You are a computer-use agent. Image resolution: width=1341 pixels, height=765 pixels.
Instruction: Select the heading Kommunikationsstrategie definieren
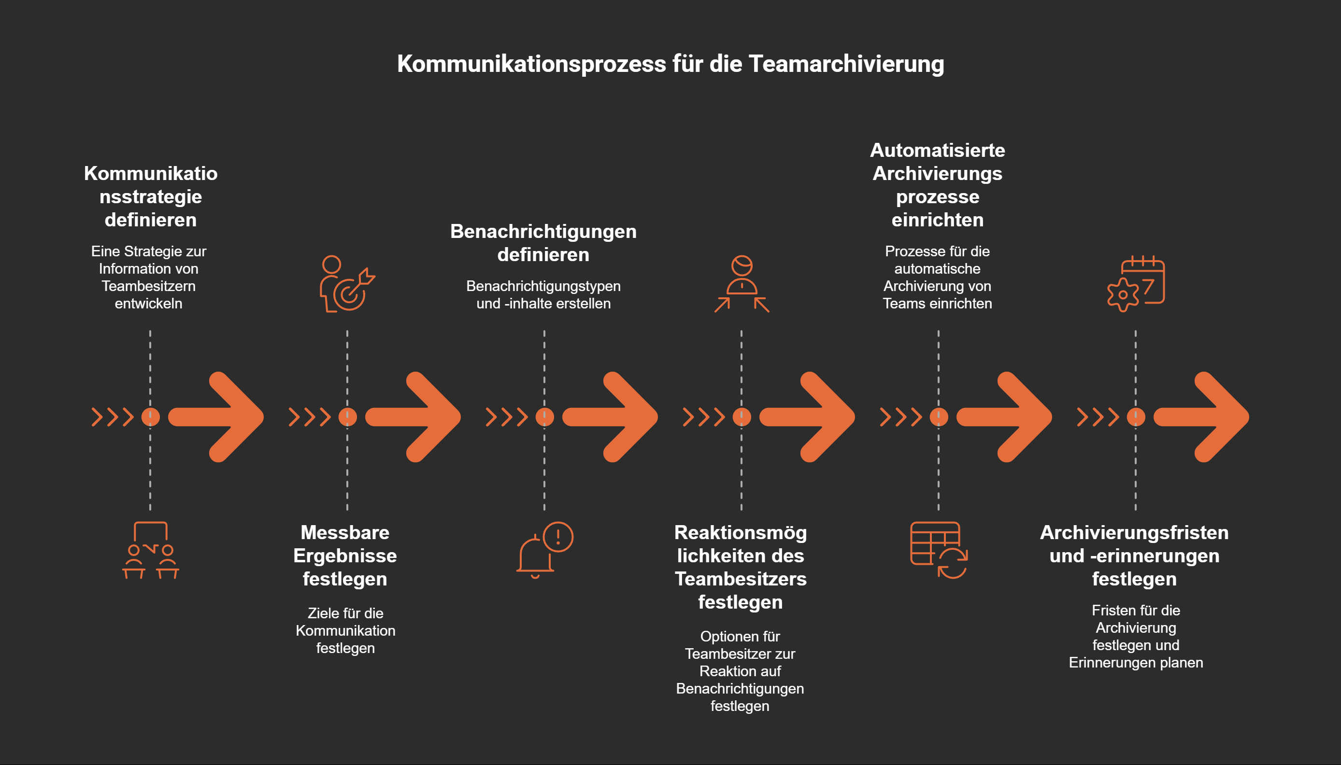[x=150, y=196]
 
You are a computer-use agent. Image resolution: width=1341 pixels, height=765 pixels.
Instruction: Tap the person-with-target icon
[x=346, y=284]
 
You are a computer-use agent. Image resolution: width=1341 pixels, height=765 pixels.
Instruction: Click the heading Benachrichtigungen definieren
[x=543, y=243]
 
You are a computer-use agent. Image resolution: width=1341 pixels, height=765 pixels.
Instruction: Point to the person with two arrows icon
[x=742, y=284]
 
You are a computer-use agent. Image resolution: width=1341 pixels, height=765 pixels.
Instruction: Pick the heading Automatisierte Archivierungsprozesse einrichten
[x=937, y=185]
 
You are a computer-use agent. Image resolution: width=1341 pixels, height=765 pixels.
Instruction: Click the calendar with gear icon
[x=1136, y=284]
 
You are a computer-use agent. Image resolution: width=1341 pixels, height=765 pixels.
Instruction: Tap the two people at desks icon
[x=150, y=550]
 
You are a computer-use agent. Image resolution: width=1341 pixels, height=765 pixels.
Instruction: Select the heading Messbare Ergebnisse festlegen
[x=345, y=556]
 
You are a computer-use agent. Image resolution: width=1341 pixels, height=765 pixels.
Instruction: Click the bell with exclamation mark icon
[x=544, y=550]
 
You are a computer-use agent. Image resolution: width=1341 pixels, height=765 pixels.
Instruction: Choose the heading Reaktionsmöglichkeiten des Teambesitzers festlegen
[x=741, y=567]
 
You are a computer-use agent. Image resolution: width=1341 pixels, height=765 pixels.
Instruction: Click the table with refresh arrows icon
[x=939, y=550]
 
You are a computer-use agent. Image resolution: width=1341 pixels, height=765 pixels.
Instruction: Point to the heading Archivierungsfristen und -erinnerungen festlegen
[x=1134, y=556]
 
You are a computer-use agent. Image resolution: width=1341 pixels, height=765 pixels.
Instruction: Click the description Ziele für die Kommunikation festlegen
[x=345, y=630]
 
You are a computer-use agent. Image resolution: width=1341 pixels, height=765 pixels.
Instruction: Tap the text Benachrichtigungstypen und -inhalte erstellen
[x=543, y=295]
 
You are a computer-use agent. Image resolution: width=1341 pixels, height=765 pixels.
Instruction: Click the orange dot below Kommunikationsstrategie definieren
[x=150, y=417]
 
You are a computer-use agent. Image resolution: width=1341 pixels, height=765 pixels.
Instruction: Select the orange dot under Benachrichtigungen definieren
[x=544, y=417]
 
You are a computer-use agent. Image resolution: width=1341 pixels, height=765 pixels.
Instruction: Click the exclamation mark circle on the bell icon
[x=558, y=536]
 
